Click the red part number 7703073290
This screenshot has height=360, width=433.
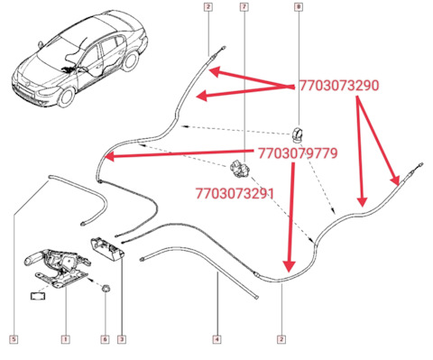(x=339, y=86)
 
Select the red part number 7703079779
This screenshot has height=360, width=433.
(x=298, y=153)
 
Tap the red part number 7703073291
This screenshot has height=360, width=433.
(x=235, y=193)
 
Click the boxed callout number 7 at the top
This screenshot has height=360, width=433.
(x=244, y=7)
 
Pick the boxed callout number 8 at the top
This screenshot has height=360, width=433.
(x=299, y=7)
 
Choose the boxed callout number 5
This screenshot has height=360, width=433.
(x=14, y=339)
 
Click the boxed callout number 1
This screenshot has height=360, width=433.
(x=66, y=339)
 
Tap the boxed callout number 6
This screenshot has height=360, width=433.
(x=105, y=339)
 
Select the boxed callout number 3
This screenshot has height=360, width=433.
(x=122, y=339)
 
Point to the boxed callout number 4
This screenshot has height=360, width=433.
(x=217, y=339)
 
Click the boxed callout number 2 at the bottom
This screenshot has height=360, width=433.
(x=281, y=339)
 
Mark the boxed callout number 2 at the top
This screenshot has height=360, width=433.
(x=208, y=7)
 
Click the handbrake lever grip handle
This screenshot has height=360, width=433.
(x=33, y=258)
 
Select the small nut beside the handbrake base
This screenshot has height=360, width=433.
(x=106, y=288)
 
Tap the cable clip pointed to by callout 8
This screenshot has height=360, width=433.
(x=299, y=134)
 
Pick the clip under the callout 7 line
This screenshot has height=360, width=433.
(x=240, y=170)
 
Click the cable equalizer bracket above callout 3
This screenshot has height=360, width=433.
(x=107, y=248)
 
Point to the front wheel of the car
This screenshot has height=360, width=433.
(x=66, y=97)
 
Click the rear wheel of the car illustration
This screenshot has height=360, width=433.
(x=130, y=61)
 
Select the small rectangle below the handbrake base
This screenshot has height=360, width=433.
(x=38, y=295)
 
